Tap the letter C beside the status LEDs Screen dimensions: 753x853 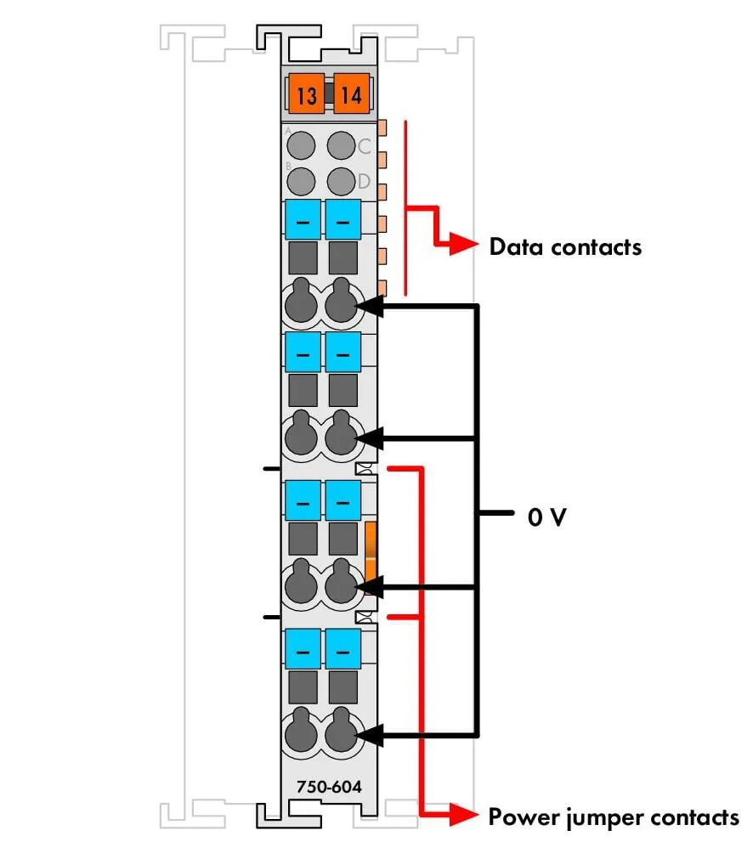coord(364,146)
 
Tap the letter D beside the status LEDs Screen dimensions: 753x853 coord(364,181)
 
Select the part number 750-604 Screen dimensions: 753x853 coord(329,787)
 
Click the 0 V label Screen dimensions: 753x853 coord(546,517)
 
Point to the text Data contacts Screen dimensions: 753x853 coord(565,247)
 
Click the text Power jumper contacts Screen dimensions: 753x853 coord(614,817)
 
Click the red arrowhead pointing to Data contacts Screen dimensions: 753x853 coord(463,244)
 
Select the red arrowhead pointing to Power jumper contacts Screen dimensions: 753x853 coord(463,815)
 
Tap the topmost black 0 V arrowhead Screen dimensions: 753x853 coord(369,307)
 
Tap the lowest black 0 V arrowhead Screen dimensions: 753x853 coord(369,736)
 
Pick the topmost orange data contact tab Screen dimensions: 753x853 coord(382,128)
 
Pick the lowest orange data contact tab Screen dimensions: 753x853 coord(382,288)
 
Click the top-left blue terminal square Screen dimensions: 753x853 coord(303,219)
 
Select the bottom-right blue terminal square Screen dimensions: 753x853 coord(343,649)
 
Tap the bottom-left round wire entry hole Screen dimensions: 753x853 coord(301,732)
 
